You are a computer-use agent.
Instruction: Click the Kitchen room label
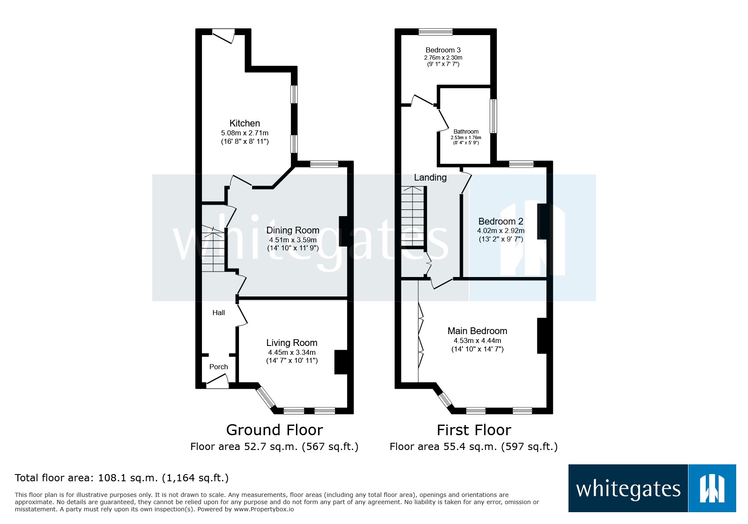coord(245,123)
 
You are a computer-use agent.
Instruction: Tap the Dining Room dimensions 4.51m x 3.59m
coord(292,240)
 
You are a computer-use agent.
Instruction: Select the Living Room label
coord(291,343)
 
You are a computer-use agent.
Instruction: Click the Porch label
coord(218,367)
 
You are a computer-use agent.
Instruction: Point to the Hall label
coord(218,313)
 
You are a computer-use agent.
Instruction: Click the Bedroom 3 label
coord(443,50)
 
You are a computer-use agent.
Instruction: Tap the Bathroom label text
coord(466,132)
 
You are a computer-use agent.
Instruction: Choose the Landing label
coord(430,178)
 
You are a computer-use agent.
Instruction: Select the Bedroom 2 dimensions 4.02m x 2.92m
coord(500,231)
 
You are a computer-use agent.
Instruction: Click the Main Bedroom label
coord(477,331)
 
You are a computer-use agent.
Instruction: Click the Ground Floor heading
coord(275,430)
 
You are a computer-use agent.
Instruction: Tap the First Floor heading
coord(473,430)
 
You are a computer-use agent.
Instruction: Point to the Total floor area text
coord(122,478)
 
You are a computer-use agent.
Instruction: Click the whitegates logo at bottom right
coord(652,488)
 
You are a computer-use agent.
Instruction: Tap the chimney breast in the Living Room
coord(340,362)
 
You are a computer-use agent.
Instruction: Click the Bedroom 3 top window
coord(435,32)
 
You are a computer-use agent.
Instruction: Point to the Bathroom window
coord(493,116)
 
